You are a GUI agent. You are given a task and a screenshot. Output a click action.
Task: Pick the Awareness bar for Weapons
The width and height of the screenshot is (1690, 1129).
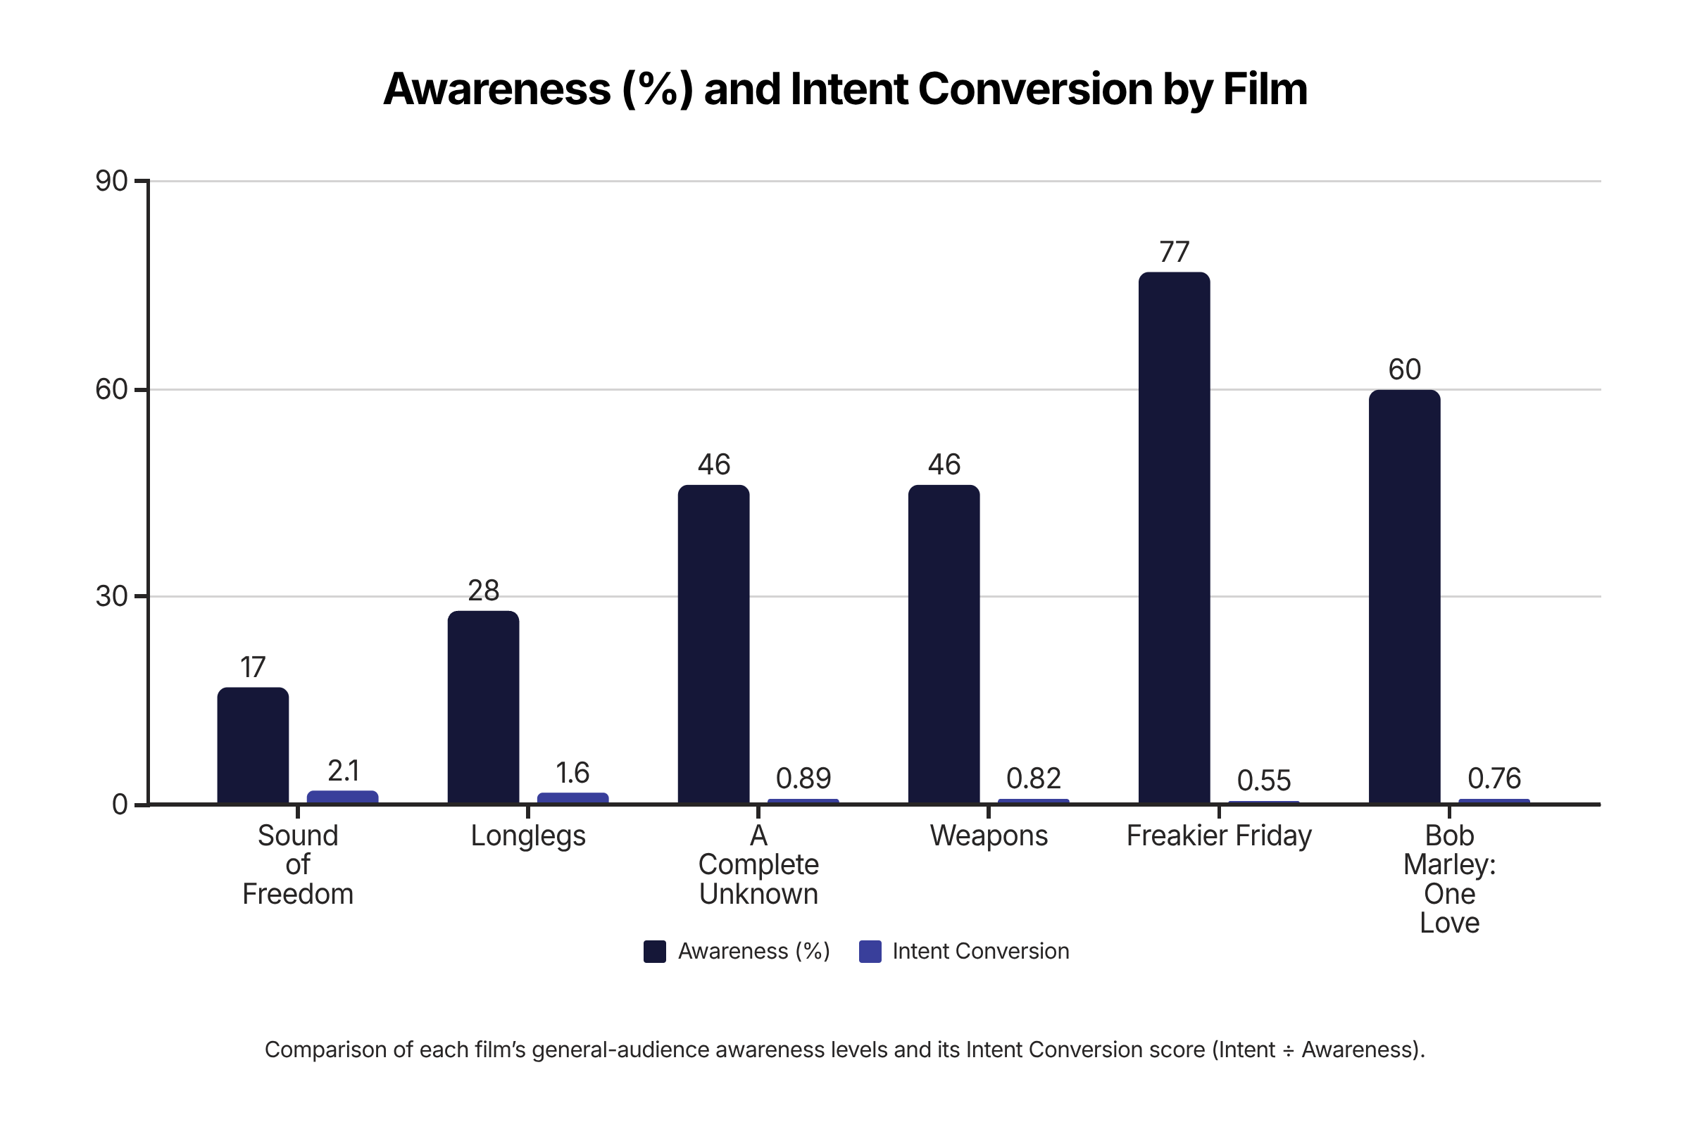[x=944, y=645]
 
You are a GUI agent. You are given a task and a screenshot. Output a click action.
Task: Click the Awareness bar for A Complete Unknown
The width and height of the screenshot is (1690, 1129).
[x=713, y=645]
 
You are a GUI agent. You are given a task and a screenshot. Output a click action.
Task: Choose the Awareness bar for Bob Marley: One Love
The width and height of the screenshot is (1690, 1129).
[x=1404, y=597]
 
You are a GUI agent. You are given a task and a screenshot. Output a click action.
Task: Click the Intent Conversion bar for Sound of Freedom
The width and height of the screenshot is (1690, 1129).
[x=342, y=797]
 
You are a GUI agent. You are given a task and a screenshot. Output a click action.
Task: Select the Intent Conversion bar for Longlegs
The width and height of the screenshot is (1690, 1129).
[x=572, y=797]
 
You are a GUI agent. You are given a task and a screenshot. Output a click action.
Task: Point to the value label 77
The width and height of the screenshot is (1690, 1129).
[x=1175, y=253]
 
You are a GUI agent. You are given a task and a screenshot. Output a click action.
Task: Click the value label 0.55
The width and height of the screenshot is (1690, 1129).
[x=1263, y=781]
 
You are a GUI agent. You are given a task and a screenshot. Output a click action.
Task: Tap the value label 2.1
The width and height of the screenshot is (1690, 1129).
[x=343, y=771]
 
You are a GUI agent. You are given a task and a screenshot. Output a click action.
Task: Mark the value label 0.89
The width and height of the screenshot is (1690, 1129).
[x=803, y=778]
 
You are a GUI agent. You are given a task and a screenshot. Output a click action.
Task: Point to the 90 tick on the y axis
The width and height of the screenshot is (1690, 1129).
[x=112, y=182]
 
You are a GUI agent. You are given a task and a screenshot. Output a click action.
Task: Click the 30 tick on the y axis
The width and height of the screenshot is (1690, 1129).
[x=112, y=596]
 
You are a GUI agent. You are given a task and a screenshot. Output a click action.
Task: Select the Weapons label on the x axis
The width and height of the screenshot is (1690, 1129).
[x=989, y=836]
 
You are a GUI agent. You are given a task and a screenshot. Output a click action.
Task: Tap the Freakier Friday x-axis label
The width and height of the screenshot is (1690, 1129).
[x=1219, y=836]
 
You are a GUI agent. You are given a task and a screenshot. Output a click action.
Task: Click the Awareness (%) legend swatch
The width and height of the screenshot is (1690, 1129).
[x=654, y=951]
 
